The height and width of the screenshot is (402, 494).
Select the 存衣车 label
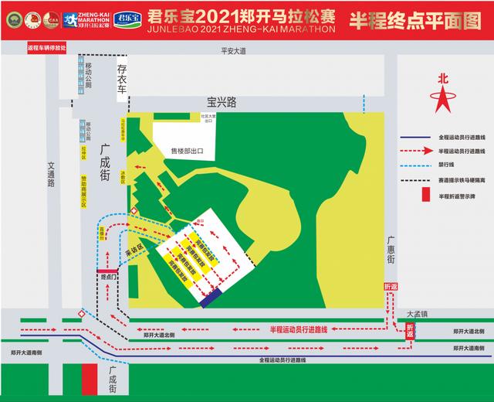tap(121, 80)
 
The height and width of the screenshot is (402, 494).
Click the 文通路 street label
tap(52, 174)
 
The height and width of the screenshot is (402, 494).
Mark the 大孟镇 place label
tap(417, 314)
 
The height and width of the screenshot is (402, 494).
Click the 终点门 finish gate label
tap(108, 276)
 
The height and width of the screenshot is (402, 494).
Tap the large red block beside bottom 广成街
tap(90, 379)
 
